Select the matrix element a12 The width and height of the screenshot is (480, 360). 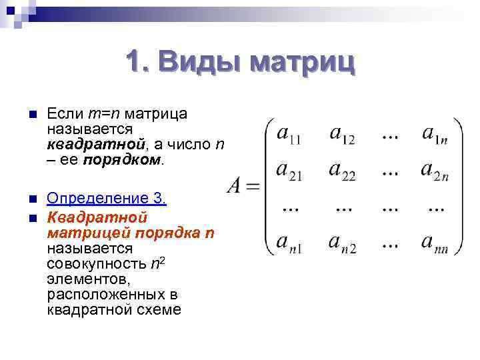(342, 135)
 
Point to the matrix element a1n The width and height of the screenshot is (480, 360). (435, 135)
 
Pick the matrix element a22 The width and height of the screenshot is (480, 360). (342, 171)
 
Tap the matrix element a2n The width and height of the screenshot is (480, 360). (435, 171)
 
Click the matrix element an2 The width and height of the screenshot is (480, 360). (342, 243)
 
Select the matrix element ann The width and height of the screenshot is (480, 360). (435, 243)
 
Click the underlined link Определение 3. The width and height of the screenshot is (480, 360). (107, 199)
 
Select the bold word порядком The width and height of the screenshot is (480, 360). (123, 160)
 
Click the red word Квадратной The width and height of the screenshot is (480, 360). (97, 217)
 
